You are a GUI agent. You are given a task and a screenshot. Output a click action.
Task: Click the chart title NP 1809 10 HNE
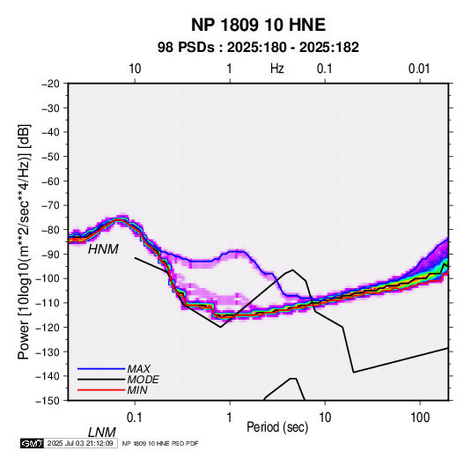(258, 25)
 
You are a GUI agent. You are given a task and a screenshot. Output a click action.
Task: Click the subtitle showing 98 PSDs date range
(258, 48)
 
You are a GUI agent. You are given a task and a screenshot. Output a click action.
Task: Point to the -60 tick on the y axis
(50, 181)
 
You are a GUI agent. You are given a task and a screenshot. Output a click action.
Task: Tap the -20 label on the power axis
(50, 84)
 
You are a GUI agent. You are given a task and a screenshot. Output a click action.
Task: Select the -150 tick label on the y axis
(48, 401)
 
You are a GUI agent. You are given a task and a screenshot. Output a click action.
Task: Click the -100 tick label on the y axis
(48, 278)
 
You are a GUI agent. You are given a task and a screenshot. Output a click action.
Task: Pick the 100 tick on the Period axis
(420, 418)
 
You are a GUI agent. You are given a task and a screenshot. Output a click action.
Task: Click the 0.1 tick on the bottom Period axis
(135, 418)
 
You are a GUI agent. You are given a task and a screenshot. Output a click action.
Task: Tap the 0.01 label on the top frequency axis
(419, 69)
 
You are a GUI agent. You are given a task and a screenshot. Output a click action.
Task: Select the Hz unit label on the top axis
(277, 69)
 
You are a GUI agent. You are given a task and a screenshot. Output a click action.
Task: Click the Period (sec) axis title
(277, 427)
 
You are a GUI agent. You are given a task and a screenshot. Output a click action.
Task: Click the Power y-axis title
(24, 242)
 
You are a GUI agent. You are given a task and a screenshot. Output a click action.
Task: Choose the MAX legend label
(139, 368)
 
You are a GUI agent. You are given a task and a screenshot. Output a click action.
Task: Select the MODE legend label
(143, 380)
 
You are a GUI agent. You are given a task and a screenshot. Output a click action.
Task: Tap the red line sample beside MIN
(101, 390)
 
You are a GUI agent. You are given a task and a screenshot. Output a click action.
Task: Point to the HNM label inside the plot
(103, 249)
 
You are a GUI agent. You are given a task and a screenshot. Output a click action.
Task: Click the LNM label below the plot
(102, 433)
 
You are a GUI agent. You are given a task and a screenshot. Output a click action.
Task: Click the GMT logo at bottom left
(32, 443)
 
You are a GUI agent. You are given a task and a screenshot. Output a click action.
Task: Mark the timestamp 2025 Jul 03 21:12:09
(80, 443)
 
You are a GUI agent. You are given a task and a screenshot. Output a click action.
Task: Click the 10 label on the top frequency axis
(135, 69)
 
